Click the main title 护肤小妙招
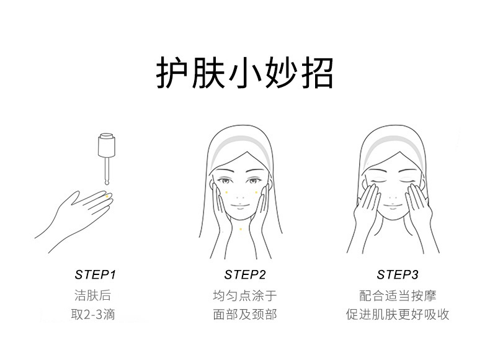tap(244, 73)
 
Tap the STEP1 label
tap(96, 274)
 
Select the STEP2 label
tap(244, 274)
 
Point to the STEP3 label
tap(397, 274)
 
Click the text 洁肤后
tap(93, 295)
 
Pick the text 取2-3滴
tap(93, 314)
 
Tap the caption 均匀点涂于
tap(244, 295)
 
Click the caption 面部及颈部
tap(244, 314)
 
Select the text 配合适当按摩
tap(398, 295)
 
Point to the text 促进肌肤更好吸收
tap(398, 314)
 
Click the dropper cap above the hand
tap(107, 145)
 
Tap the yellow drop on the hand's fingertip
tap(107, 196)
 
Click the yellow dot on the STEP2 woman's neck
tap(240, 229)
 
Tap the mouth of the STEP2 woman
tap(239, 206)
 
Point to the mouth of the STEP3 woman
tap(392, 206)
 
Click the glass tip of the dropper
tap(107, 182)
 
